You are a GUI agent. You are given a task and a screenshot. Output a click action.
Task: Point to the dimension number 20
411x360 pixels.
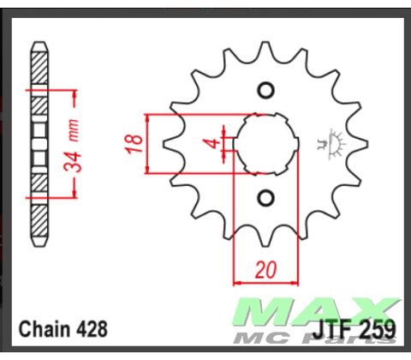pos(265,270)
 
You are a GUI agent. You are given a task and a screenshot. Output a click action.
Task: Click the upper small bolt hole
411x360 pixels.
pos(265,91)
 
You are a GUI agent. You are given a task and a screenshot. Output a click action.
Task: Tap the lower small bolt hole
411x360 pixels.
pos(265,198)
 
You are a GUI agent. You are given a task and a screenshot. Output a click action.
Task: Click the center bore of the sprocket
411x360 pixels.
pos(266,144)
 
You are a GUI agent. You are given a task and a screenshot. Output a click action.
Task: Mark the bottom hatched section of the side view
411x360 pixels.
pos(39,219)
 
